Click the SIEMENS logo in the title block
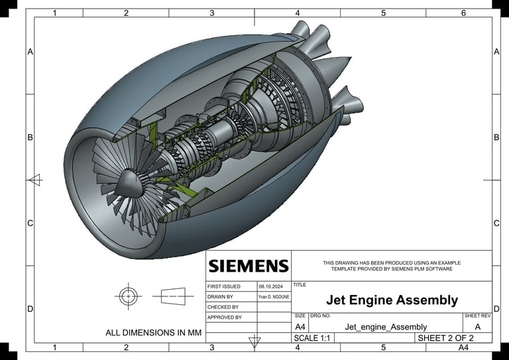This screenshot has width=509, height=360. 249,266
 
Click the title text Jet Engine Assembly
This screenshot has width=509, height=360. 392,300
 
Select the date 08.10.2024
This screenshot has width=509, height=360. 270,286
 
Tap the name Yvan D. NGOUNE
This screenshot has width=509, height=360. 274,297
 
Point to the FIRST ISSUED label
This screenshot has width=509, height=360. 223,286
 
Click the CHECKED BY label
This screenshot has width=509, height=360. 223,307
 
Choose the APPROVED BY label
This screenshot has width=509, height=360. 224,318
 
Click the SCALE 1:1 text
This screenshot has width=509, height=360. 311,338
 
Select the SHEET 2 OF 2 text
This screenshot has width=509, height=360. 445,338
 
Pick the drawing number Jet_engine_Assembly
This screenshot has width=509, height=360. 386,327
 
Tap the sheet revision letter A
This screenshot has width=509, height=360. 477,327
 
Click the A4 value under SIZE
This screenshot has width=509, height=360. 300,327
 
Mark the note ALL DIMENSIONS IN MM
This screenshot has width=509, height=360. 153,333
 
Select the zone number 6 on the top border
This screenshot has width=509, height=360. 463,13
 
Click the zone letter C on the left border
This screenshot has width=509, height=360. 30,223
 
